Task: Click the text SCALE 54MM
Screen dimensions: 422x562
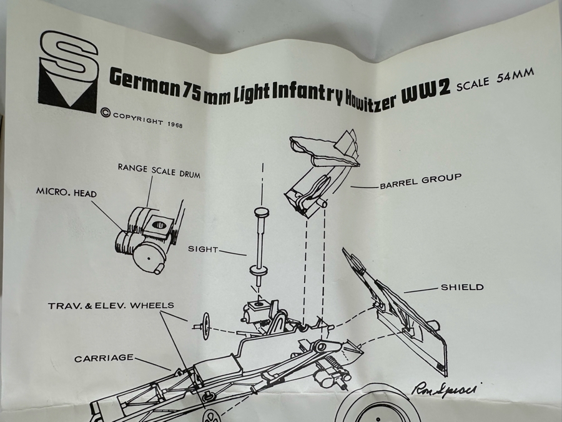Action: pos(495,80)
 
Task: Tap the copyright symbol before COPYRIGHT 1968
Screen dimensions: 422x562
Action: pos(105,114)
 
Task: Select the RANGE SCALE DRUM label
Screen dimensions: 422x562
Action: pos(159,171)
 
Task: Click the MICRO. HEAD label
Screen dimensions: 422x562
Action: pos(66,194)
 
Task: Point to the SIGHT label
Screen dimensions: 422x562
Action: pos(203,249)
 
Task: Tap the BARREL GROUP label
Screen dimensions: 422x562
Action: pos(420,181)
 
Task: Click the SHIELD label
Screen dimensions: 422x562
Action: pos(462,288)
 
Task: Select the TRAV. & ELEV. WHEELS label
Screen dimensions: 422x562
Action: pos(111,306)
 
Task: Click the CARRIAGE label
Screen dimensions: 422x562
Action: pos(104,358)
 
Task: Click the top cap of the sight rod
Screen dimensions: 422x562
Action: pos(261,214)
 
